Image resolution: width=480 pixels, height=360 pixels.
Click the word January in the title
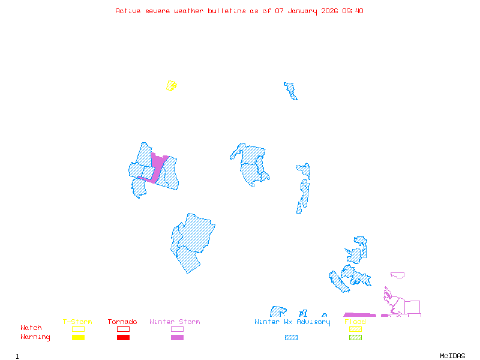tap(301, 11)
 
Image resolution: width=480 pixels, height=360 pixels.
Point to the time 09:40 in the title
tap(352, 11)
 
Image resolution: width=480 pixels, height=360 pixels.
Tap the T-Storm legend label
tap(77, 322)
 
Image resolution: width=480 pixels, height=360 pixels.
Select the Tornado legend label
tap(122, 322)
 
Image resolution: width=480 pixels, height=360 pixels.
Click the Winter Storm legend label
tap(175, 322)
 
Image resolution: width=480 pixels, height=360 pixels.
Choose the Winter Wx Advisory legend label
tap(292, 322)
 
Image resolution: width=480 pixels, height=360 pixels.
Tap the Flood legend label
tap(355, 322)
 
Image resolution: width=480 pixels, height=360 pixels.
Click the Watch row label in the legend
tap(31, 328)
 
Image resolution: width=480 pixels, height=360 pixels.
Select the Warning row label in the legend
tap(35, 337)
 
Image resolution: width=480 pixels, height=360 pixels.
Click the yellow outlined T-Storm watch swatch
tap(78, 329)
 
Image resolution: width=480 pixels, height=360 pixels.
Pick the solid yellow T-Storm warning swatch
tap(78, 338)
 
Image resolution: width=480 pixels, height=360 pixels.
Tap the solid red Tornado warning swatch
tap(123, 338)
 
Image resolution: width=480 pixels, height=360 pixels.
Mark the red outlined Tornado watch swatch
tap(123, 329)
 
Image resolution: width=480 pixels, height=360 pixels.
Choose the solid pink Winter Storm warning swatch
tap(177, 338)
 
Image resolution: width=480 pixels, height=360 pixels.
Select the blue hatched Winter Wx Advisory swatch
tap(291, 338)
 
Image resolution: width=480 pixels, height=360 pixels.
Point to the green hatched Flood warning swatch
tap(355, 338)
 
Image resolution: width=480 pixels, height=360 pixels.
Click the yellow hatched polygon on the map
tap(171, 86)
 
